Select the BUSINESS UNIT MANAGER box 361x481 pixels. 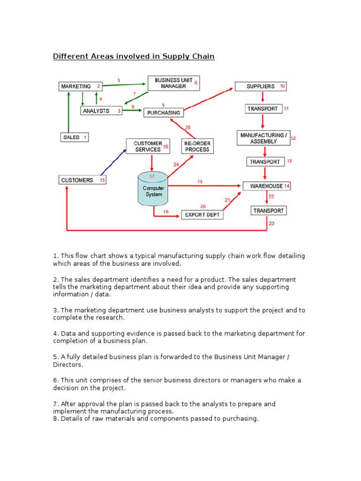(x=173, y=83)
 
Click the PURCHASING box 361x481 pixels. (x=163, y=113)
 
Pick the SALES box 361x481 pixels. (x=74, y=137)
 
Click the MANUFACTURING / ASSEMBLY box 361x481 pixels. (x=263, y=138)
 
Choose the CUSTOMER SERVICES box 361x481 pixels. (x=148, y=146)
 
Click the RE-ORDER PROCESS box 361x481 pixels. (x=197, y=146)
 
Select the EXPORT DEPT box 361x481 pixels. (x=202, y=215)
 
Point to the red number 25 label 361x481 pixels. (x=188, y=127)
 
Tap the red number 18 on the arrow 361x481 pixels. (x=200, y=181)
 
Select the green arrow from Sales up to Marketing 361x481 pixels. (x=69, y=113)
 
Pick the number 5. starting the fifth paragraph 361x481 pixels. (x=55, y=357)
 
